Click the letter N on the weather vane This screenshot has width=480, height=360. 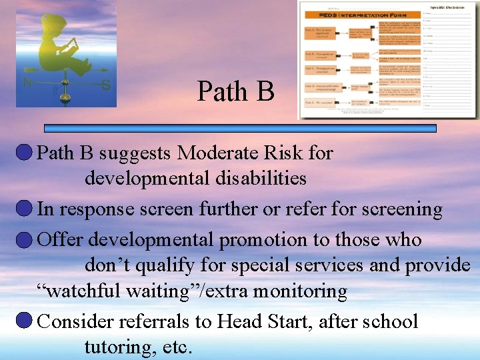27,84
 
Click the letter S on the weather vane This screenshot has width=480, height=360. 105,85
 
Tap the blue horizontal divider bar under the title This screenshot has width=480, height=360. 240,128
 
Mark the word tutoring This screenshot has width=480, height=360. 117,347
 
